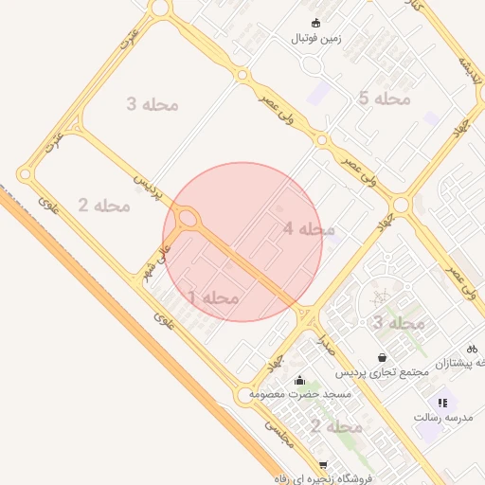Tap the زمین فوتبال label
pyautogui.click(x=314, y=39)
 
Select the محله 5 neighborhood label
pyautogui.click(x=385, y=99)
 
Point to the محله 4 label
pyautogui.click(x=309, y=229)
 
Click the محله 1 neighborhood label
pyautogui.click(x=213, y=298)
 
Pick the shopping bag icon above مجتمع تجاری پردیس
pyautogui.click(x=381, y=358)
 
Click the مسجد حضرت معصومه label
pyautogui.click(x=300, y=393)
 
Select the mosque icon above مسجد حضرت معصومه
pyautogui.click(x=300, y=380)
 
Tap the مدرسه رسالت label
pyautogui.click(x=442, y=417)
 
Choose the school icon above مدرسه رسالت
pyautogui.click(x=442, y=403)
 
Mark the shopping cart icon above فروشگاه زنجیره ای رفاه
pyautogui.click(x=323, y=464)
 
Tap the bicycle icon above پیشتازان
pyautogui.click(x=472, y=348)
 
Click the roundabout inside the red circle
pyautogui.click(x=188, y=220)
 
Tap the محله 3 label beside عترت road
pyautogui.click(x=153, y=103)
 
